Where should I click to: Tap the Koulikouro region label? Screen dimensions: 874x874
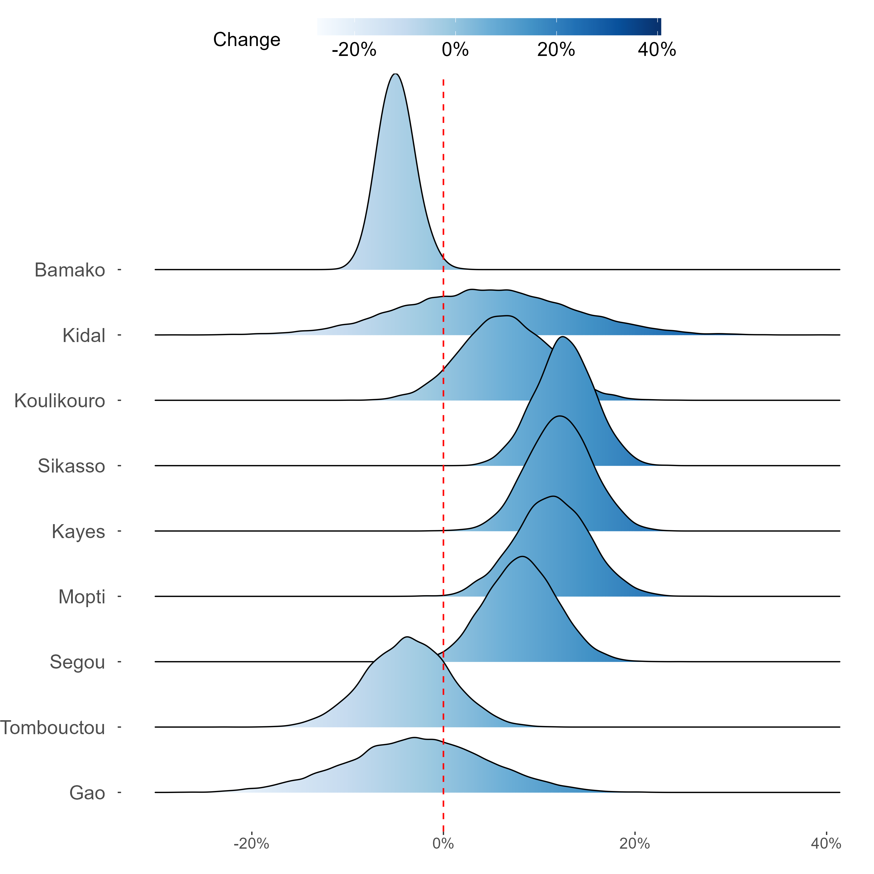(60, 401)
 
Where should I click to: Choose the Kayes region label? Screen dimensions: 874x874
(78, 532)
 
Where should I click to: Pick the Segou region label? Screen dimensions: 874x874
(77, 662)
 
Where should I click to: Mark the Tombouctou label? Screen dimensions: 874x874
(53, 728)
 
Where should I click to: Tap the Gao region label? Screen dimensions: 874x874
(87, 793)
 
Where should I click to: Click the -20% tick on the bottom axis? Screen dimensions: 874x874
(251, 844)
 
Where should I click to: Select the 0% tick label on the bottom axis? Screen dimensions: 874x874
(443, 844)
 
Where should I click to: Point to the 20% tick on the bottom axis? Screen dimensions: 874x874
(635, 844)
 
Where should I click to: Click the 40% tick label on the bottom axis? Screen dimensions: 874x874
(826, 844)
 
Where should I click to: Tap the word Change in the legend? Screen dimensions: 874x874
(246, 40)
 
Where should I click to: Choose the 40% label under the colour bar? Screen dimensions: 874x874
(657, 50)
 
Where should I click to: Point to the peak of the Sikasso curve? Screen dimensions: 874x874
(562, 337)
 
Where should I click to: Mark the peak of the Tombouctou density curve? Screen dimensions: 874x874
(407, 637)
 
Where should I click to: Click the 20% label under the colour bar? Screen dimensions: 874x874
(556, 50)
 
